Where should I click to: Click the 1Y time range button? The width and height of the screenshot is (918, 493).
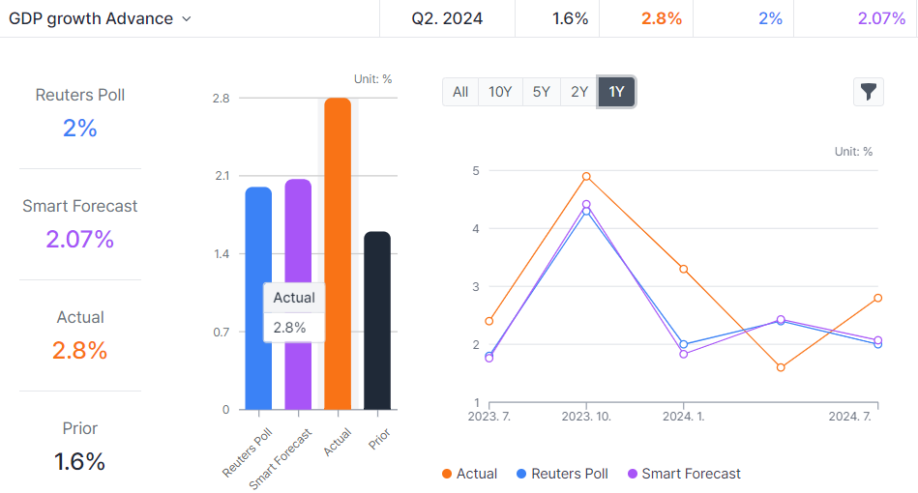tap(616, 92)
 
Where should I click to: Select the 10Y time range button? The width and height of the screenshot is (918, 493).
tap(500, 92)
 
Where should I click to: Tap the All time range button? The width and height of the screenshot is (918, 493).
tap(460, 92)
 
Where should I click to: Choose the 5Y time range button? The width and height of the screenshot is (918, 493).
tap(541, 92)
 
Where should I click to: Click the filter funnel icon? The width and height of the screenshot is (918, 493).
tap(869, 92)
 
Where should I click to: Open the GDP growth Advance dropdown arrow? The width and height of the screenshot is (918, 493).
tap(187, 19)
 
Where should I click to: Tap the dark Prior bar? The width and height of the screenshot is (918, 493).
tap(377, 319)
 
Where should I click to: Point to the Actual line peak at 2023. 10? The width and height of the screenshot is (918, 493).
tap(586, 177)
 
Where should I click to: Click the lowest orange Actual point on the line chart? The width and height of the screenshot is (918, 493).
tap(781, 367)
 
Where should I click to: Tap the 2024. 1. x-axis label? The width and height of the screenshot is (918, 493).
tap(683, 417)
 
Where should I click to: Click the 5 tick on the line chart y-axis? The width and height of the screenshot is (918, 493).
tap(475, 171)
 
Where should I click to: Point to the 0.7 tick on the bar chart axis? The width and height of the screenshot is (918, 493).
tap(222, 332)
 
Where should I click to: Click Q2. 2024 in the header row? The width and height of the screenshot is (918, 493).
tap(446, 18)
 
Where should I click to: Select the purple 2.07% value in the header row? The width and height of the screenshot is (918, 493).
tap(881, 18)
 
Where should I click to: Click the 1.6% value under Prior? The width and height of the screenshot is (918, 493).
tap(80, 461)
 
